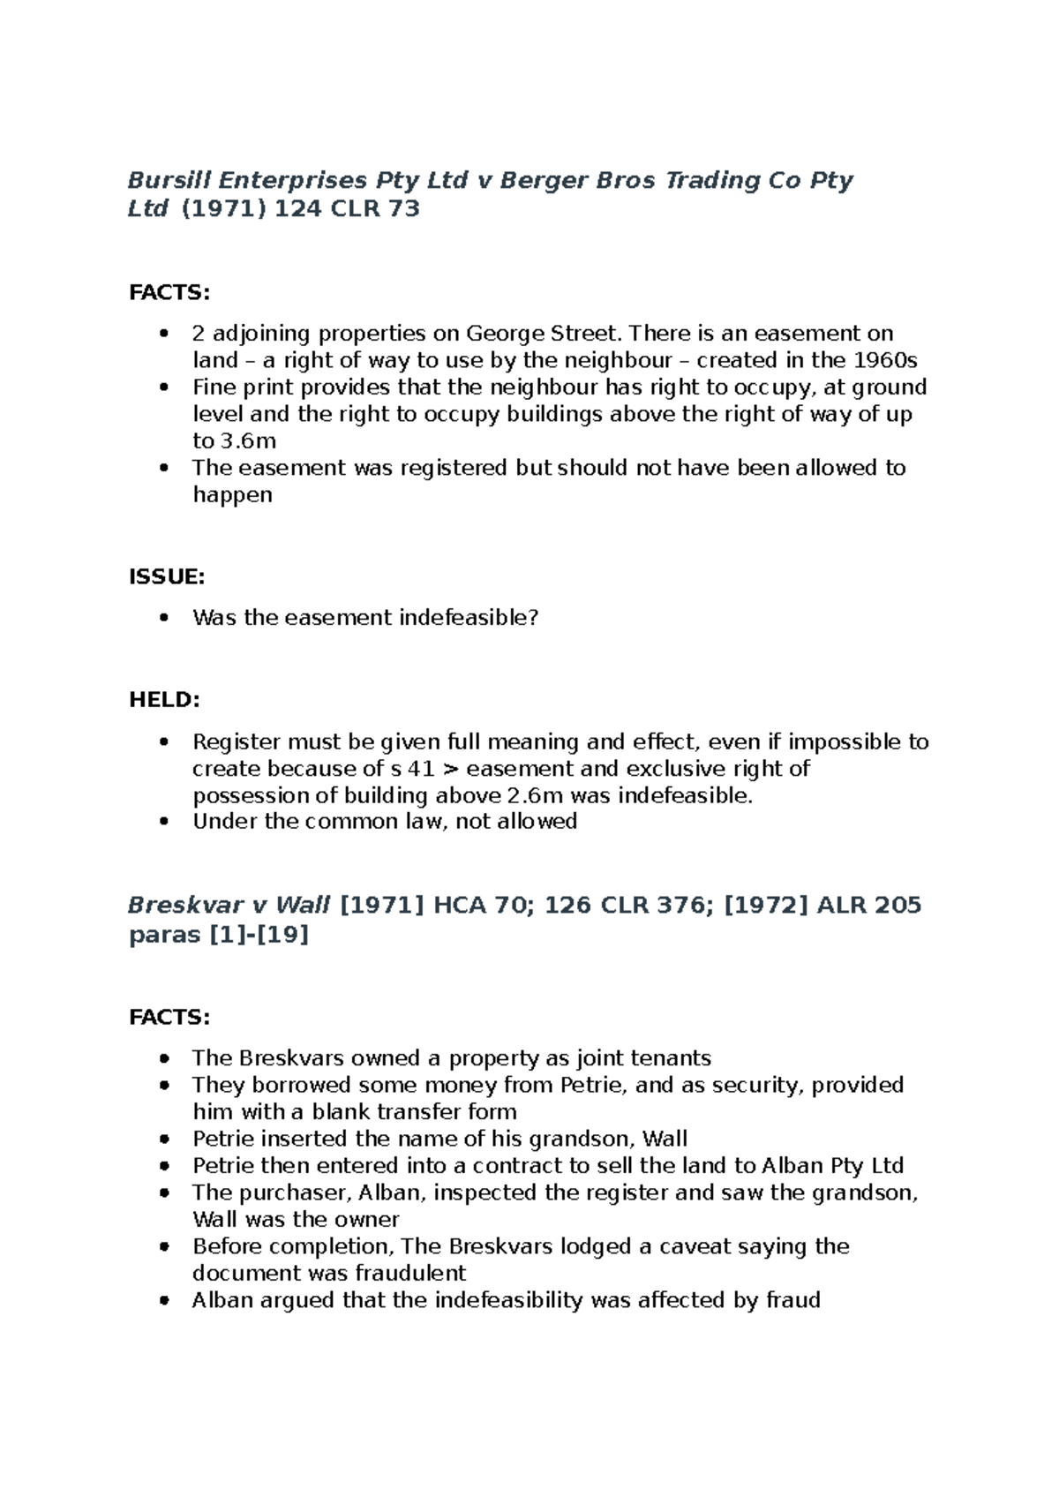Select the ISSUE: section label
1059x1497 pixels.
(167, 576)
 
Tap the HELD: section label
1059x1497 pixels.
(164, 700)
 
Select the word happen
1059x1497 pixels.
(232, 495)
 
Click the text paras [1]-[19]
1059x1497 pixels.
(219, 935)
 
